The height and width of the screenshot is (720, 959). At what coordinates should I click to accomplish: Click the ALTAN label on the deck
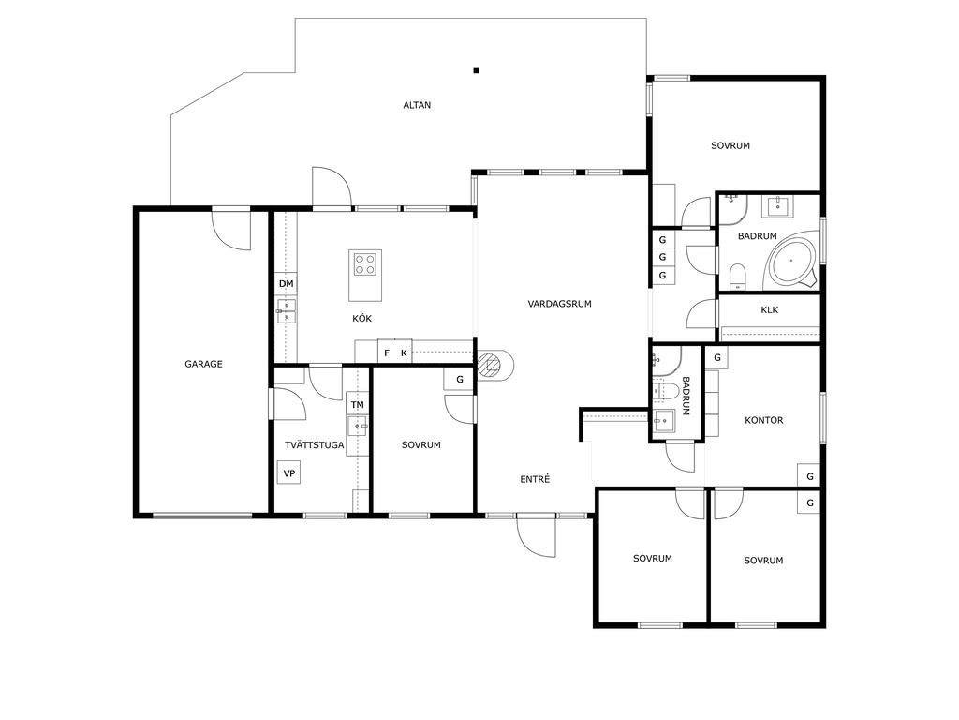[x=417, y=105]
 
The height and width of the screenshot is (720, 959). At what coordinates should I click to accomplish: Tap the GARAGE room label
[x=203, y=364]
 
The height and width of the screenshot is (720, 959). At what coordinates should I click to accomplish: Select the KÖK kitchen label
[x=362, y=319]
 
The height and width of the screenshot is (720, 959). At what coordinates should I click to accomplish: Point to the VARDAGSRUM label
[x=560, y=304]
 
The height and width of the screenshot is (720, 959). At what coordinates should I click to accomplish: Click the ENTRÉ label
[x=535, y=479]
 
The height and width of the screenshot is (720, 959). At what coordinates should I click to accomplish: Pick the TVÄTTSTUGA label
[x=315, y=445]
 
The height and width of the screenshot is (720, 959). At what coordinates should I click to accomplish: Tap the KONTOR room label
[x=764, y=420]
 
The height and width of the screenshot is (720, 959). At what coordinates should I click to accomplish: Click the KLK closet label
[x=770, y=309]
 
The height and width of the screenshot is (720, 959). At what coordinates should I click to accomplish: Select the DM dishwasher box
[x=287, y=283]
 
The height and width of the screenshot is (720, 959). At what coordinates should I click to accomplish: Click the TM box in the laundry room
[x=358, y=404]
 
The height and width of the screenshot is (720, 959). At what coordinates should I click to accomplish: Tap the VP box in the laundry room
[x=289, y=473]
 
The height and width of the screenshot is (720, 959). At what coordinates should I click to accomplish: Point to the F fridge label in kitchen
[x=387, y=352]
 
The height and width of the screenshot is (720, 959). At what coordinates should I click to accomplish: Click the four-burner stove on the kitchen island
[x=366, y=263]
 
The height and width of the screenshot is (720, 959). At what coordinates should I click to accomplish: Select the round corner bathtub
[x=791, y=261]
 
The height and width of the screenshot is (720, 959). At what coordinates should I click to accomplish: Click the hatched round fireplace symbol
[x=489, y=365]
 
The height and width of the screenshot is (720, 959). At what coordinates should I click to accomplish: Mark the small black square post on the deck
[x=477, y=70]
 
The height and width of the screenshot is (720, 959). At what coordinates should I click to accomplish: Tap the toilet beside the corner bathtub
[x=738, y=277]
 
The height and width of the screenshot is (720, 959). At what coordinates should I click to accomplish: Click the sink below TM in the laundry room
[x=357, y=426]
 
